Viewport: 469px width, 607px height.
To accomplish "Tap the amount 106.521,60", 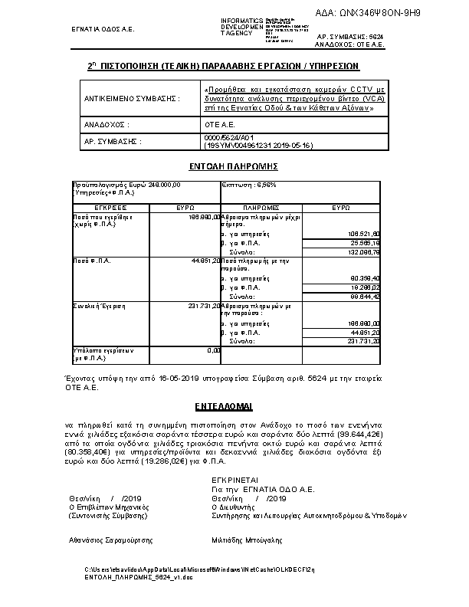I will [x=364, y=234].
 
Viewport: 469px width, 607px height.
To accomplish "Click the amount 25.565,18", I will [x=366, y=242].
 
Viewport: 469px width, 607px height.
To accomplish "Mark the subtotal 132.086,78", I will [x=364, y=251].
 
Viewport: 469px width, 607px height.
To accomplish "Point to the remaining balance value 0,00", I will [x=214, y=350].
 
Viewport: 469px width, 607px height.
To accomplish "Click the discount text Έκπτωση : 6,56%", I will [x=249, y=185].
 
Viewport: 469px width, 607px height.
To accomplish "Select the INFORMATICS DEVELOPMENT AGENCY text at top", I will [x=241, y=27].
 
